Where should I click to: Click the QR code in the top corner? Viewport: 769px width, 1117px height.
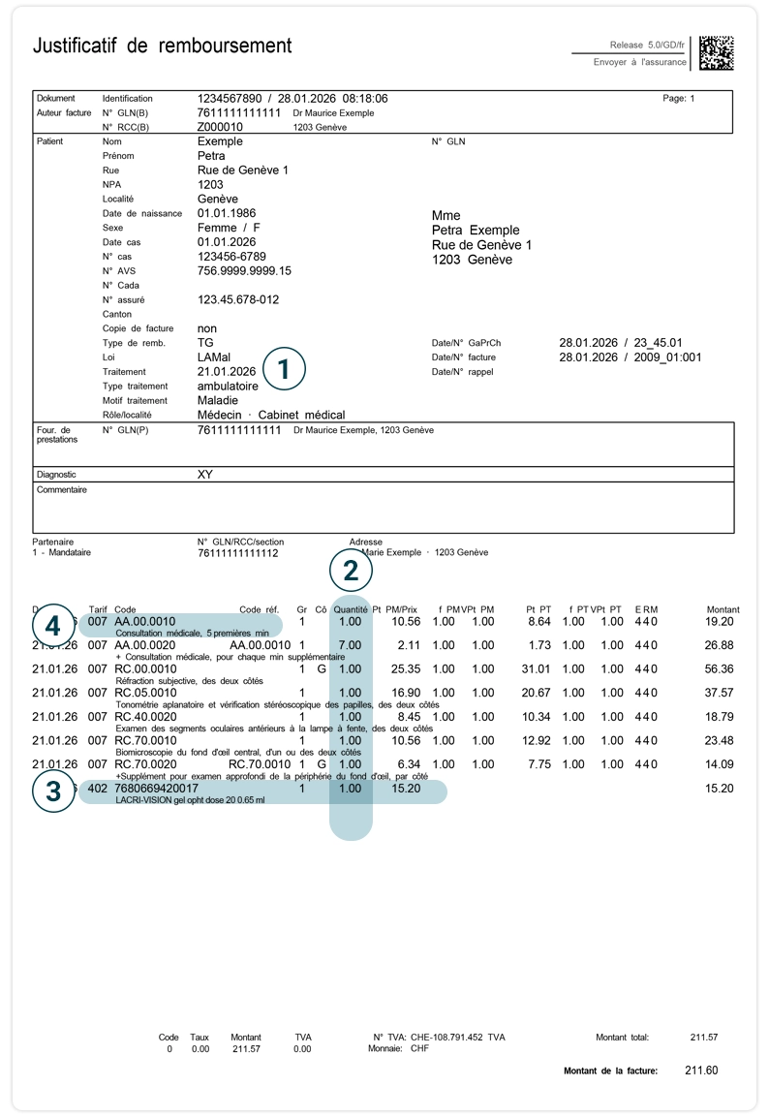coord(716,53)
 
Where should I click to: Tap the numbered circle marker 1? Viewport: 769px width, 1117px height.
coord(283,368)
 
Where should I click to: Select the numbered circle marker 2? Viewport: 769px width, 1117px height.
coord(351,571)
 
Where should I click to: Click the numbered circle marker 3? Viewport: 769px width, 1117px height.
coord(53,791)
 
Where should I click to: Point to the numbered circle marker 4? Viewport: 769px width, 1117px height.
coord(53,625)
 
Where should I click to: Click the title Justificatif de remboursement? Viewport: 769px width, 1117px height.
coord(162,46)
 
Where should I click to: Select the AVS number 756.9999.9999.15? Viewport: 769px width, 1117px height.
coord(244,271)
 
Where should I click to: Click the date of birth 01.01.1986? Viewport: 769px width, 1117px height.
coord(227,213)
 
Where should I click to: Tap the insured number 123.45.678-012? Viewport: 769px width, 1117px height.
coord(238,300)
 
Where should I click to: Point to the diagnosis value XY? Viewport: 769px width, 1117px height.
coord(204,475)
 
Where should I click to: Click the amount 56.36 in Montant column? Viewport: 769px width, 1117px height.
coord(720,668)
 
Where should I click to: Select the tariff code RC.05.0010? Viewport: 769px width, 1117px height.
coord(145,693)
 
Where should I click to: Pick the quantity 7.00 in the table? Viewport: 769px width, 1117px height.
coord(350,645)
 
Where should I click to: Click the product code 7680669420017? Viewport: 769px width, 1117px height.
coord(156,789)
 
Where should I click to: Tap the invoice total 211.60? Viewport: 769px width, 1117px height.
coord(701,1070)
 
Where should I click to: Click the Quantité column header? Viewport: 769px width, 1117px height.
coord(351,609)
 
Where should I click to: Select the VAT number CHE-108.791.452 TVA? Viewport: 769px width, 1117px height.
coord(454,1038)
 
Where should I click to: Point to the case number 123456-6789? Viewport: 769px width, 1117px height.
coord(231,257)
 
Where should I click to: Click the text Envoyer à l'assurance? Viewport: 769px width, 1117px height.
coord(639,62)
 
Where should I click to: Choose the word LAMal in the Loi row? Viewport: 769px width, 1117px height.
coord(214,357)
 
